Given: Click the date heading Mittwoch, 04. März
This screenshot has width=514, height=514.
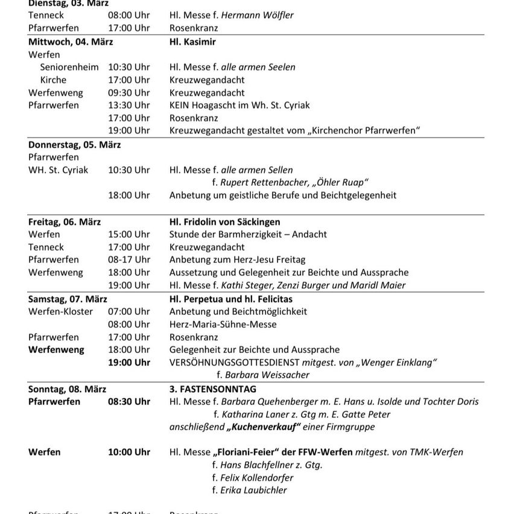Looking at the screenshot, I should [x=71, y=42].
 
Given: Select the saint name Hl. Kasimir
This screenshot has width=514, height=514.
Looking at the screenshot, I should [x=192, y=42].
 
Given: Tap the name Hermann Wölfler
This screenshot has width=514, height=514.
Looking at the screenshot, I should [x=258, y=15].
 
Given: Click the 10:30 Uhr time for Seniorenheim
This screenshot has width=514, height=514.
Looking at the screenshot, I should [x=129, y=67].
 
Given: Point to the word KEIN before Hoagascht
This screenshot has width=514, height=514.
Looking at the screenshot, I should [x=180, y=105].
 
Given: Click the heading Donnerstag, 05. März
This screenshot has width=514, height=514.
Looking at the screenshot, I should [x=75, y=145].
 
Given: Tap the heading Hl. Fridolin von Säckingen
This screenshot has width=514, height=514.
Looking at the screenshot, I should [x=224, y=222].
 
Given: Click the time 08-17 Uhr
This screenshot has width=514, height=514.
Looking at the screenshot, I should [x=129, y=259].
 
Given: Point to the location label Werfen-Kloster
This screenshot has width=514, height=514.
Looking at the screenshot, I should [x=61, y=311].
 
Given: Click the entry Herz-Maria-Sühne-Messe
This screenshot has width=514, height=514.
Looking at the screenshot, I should [x=223, y=324].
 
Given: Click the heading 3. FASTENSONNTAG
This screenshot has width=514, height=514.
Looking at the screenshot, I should [x=213, y=389].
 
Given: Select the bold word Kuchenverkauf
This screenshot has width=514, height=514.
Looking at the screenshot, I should [x=263, y=427].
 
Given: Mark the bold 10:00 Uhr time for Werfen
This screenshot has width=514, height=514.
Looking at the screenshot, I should [x=129, y=452].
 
